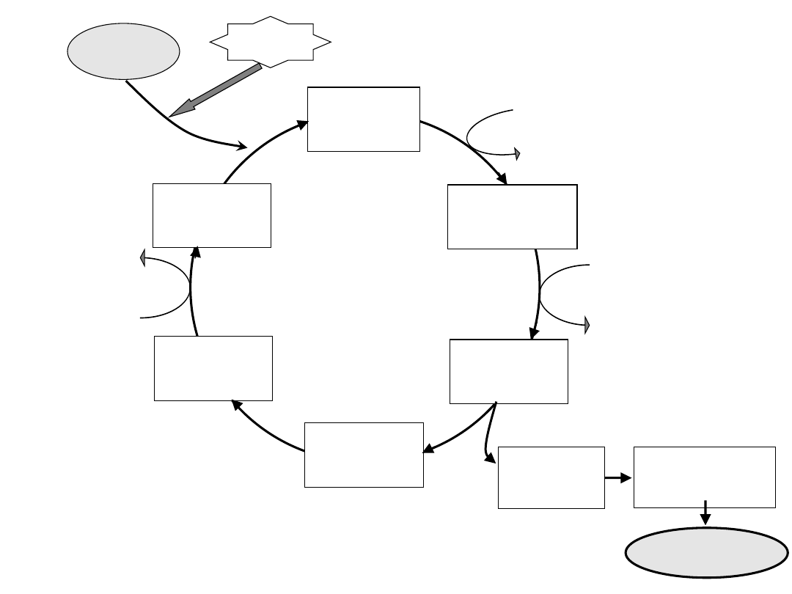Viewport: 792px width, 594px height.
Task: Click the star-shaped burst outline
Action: coord(270,43)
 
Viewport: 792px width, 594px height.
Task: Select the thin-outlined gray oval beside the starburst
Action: coord(123,51)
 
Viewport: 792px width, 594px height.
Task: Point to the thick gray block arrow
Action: coord(216,90)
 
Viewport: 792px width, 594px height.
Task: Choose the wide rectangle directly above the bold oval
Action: coord(704,477)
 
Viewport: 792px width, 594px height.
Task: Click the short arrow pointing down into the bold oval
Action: coord(705,513)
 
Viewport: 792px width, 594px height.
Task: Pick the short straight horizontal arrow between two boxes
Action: coord(619,478)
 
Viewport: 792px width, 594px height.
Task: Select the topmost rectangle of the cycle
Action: coord(363,119)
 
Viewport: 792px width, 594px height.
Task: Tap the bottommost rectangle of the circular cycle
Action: coord(364,454)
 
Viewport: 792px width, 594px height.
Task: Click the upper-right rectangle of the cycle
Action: coord(512,217)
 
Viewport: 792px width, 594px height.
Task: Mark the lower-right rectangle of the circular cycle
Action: coord(508,371)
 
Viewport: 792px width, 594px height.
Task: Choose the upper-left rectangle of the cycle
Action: coord(211,215)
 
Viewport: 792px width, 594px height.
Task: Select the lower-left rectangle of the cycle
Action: coord(213,368)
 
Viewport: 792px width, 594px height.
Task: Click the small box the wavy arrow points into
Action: coord(551,477)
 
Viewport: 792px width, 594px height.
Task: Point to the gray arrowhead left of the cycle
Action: coord(143,256)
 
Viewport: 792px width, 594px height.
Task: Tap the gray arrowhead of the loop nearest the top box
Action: coord(517,154)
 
